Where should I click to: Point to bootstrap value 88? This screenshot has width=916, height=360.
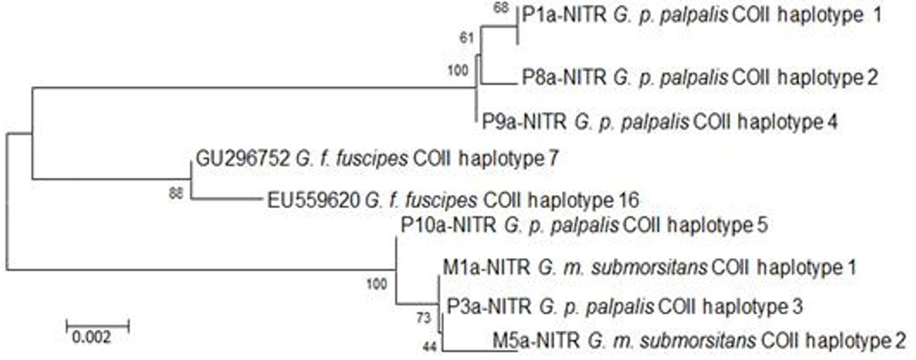(x=177, y=193)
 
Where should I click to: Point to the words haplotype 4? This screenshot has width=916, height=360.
(x=790, y=122)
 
